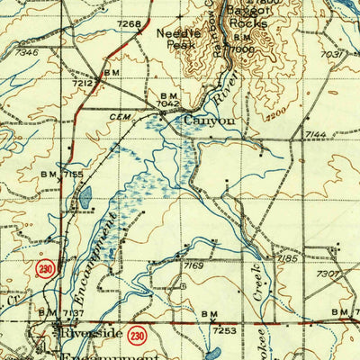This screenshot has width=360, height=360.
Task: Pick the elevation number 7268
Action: [x=130, y=24]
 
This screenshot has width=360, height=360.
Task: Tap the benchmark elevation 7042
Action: [x=170, y=103]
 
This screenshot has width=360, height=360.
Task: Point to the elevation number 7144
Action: [x=315, y=134]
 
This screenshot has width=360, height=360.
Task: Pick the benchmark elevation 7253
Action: [x=223, y=330]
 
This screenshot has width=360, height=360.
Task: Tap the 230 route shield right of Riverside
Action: [x=136, y=333]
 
